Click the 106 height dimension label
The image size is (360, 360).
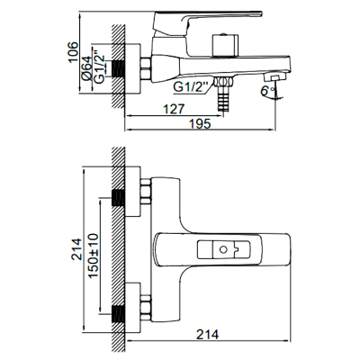click(73, 52)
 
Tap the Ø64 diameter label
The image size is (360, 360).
click(86, 67)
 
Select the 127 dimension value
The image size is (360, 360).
click(174, 109)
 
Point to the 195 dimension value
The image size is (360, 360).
click(200, 123)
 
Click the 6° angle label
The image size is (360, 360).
click(267, 91)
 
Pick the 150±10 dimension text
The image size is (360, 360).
click(94, 256)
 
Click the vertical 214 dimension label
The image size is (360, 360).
click(76, 249)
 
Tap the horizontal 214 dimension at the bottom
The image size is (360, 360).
click(208, 334)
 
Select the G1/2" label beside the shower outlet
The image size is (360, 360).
click(191, 87)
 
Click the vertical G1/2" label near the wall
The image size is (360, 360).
click(99, 69)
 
